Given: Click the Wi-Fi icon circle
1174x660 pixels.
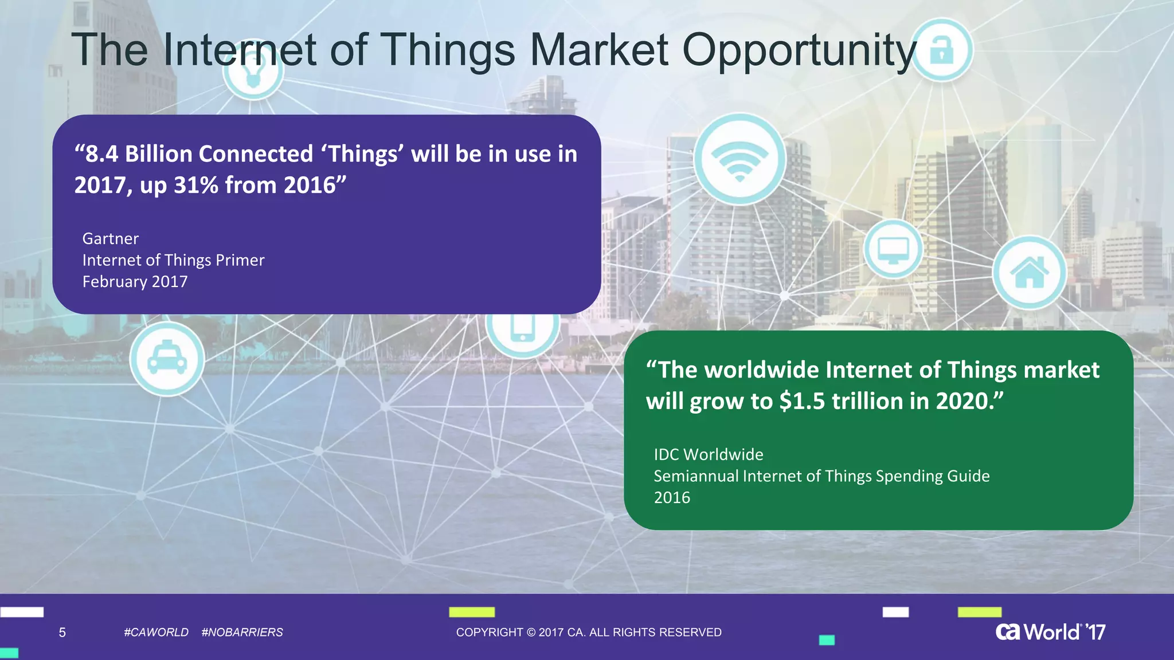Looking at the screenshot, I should [739, 159].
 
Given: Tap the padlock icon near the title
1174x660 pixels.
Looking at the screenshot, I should [941, 49].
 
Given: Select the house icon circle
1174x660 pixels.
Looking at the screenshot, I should [1029, 273].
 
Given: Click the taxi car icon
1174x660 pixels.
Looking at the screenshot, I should [167, 359].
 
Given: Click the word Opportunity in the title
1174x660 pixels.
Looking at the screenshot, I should [800, 50].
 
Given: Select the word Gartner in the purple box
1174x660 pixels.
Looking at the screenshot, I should [110, 238].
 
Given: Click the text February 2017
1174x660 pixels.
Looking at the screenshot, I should [135, 281].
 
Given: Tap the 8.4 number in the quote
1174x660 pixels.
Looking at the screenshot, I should [101, 154].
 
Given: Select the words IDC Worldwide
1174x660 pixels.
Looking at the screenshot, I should [709, 454].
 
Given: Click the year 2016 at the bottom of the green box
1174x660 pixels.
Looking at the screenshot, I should [672, 497].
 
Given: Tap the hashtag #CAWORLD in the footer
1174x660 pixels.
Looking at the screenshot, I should [156, 632].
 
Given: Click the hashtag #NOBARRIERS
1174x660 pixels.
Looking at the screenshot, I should [242, 632].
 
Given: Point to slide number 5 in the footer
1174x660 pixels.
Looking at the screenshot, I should [62, 632].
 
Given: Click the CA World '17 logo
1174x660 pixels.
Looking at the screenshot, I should [1050, 631].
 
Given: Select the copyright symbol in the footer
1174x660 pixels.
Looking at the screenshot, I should [531, 632].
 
